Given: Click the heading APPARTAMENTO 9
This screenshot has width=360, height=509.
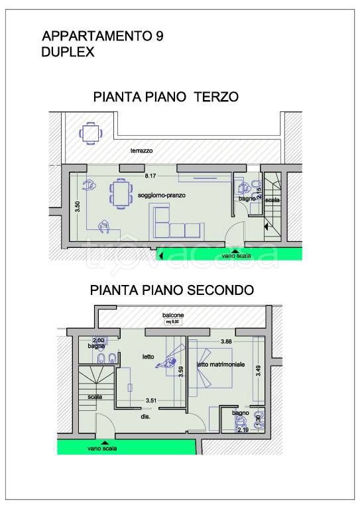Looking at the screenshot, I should (102, 37).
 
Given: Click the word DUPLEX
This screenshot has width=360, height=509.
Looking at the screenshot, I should (68, 52).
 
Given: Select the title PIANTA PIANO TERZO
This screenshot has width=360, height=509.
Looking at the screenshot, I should (166, 97).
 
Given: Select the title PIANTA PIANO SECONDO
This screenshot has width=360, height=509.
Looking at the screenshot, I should (171, 290).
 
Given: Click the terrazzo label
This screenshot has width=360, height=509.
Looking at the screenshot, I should (141, 151).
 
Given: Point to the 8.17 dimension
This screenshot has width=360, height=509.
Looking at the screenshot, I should (150, 176).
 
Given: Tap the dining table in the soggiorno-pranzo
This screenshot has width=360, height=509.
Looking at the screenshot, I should (120, 194).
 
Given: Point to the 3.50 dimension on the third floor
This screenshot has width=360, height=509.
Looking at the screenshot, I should (77, 206).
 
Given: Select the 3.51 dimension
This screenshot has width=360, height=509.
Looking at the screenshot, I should (151, 400).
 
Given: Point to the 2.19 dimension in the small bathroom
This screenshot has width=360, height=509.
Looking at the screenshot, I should (243, 429).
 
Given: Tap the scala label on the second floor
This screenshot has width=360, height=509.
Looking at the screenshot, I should (95, 398).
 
